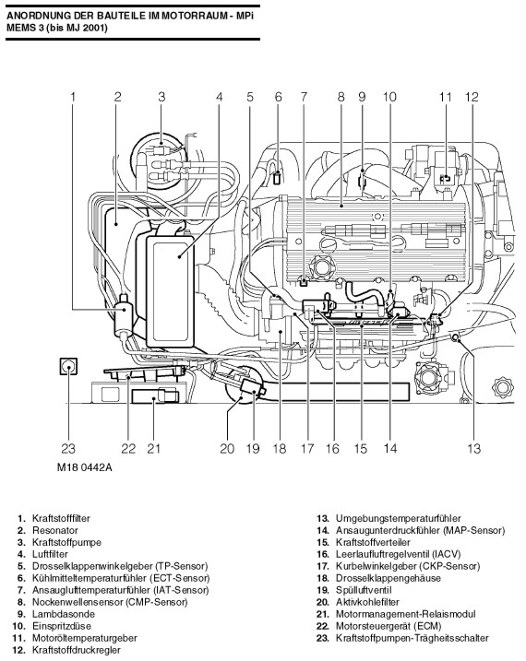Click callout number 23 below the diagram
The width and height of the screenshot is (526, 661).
click(x=68, y=449)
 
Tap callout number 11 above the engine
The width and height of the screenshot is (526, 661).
click(x=445, y=97)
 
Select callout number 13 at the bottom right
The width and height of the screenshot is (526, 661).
click(x=473, y=449)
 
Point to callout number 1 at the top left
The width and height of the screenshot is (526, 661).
click(x=73, y=97)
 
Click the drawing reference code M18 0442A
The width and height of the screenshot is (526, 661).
click(x=84, y=468)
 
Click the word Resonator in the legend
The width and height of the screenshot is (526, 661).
click(x=55, y=530)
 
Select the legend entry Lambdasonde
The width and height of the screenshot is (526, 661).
click(x=64, y=614)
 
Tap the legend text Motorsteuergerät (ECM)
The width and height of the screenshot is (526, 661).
click(x=389, y=627)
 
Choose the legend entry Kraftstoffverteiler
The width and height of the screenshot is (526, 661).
click(x=373, y=543)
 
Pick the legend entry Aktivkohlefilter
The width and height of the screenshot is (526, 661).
click(x=367, y=602)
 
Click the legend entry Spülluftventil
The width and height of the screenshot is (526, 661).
click(x=364, y=590)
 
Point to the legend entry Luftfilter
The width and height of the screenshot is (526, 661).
click(x=50, y=554)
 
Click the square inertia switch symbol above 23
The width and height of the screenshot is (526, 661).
click(x=68, y=366)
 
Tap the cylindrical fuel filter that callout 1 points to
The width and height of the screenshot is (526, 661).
click(x=124, y=315)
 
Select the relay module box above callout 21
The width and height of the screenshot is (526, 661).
click(x=155, y=396)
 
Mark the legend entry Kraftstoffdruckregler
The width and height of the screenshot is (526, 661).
click(x=77, y=651)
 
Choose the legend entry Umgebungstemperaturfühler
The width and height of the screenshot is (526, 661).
click(x=398, y=518)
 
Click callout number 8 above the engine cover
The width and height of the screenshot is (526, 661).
click(x=341, y=97)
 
